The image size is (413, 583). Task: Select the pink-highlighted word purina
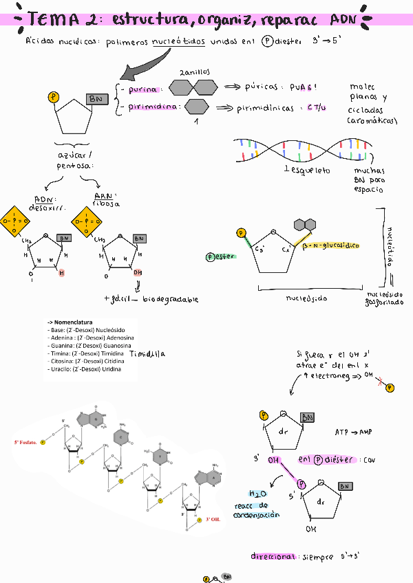click(143, 89)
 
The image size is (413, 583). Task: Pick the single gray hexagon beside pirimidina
click(197, 107)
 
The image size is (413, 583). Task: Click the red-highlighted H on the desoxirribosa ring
click(61, 273)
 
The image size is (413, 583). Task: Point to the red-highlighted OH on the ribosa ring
click(138, 272)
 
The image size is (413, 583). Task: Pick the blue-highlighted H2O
click(257, 494)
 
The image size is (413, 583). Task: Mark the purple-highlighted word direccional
click(273, 557)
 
